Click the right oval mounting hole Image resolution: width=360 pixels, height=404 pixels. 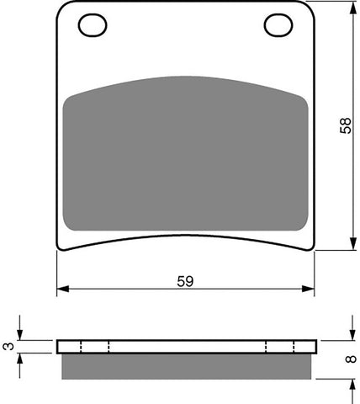click(277, 26)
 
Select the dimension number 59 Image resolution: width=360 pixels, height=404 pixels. click(186, 281)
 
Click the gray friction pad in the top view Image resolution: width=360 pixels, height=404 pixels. click(185, 151)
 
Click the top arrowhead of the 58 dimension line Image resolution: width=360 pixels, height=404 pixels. click(351, 8)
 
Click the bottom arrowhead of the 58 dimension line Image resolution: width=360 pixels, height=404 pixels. click(351, 245)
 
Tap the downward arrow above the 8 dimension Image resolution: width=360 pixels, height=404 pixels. click(351, 334)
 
